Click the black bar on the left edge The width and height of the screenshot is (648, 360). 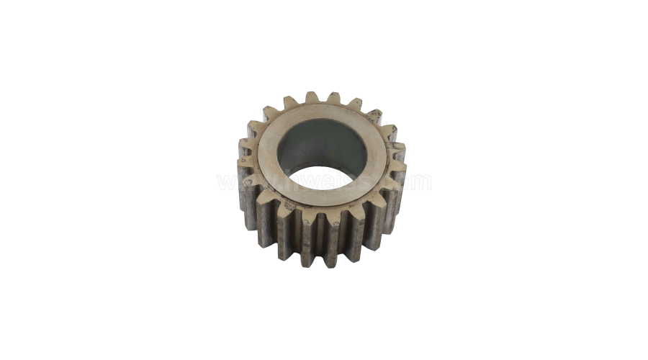[x=46, y=180]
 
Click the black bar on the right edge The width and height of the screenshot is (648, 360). [x=601, y=180]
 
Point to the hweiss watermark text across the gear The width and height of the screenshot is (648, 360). [x=324, y=180]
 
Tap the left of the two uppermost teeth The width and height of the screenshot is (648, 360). [x=312, y=99]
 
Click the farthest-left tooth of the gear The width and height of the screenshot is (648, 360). [x=243, y=169]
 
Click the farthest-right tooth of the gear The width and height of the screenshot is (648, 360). [x=400, y=169]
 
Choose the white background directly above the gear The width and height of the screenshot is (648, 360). [x=324, y=50]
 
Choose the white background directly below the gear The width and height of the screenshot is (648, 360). [x=324, y=310]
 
